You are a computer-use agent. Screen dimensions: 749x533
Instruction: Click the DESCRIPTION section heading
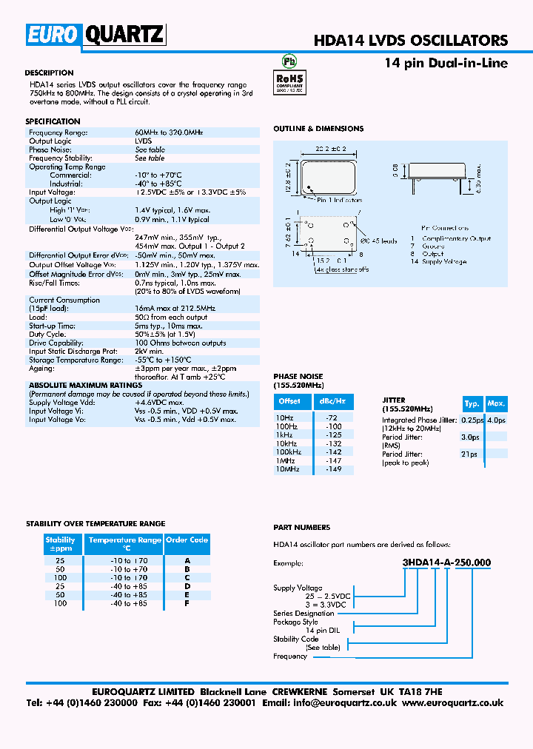(x=49, y=73)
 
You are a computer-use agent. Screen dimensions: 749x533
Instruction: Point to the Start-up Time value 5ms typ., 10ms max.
(x=168, y=326)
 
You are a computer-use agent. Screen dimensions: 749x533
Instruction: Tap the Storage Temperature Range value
(x=170, y=360)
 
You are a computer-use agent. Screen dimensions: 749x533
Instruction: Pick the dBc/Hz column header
(x=332, y=401)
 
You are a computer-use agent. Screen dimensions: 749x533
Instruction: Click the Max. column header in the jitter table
(x=496, y=403)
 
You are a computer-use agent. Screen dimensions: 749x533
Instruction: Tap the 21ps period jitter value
(x=469, y=454)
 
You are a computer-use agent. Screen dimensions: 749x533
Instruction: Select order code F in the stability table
(x=187, y=603)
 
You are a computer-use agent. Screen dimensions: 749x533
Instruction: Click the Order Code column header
(x=187, y=540)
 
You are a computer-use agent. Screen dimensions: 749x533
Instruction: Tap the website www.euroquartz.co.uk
(x=453, y=703)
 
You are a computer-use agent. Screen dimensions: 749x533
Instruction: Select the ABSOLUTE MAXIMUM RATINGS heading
(x=85, y=386)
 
